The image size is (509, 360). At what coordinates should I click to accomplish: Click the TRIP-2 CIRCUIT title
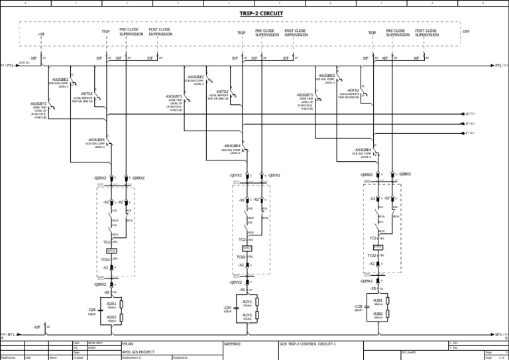point(261,13)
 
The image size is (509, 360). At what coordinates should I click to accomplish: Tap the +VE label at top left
point(41,34)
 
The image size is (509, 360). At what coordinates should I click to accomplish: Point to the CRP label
point(466,31)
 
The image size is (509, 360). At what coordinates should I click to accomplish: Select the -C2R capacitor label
point(91,310)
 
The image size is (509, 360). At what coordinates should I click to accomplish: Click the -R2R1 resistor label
point(111,304)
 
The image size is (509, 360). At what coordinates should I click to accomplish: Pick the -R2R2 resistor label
point(111,317)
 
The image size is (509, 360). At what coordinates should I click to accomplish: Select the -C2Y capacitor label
point(227,308)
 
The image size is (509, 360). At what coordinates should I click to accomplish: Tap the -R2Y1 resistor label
point(247,302)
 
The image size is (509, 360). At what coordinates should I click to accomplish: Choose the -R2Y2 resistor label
point(247,315)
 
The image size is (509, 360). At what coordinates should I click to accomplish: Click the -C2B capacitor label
point(358,306)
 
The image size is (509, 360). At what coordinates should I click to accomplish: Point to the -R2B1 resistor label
point(378,300)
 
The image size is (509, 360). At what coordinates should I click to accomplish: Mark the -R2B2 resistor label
point(378,314)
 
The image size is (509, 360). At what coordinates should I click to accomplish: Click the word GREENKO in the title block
point(232,344)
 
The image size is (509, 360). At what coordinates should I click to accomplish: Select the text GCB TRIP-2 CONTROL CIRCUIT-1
point(308,344)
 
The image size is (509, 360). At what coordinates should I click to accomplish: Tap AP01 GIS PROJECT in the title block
point(139,352)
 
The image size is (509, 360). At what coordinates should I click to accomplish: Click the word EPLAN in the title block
point(129,344)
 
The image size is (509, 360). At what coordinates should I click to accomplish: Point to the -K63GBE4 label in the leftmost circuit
point(96,140)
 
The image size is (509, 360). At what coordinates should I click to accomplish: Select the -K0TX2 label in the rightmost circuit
point(353,90)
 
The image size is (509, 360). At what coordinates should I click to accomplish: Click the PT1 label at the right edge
point(498,66)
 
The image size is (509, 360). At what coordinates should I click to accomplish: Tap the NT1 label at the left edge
point(11,335)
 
